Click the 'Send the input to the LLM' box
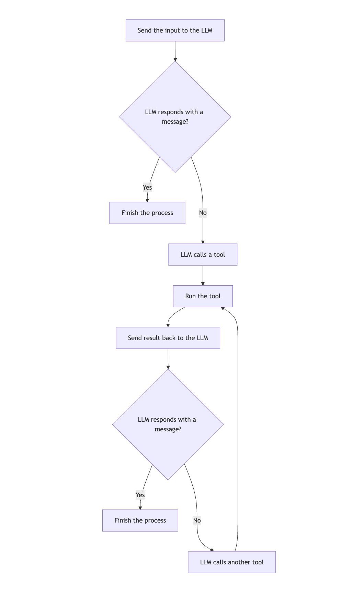(x=175, y=31)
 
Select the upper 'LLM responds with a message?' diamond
(x=175, y=117)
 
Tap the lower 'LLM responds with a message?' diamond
(x=168, y=424)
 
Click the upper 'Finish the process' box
(x=147, y=213)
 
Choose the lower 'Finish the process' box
(x=140, y=521)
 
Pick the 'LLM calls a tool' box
(x=203, y=255)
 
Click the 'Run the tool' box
(x=203, y=296)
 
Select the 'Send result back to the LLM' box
(x=168, y=338)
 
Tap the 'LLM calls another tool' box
(x=232, y=562)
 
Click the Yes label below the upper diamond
(x=147, y=187)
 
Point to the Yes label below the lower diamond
(x=140, y=495)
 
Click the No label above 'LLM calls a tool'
(x=203, y=213)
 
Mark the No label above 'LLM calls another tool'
(x=197, y=521)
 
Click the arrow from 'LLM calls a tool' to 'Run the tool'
(x=203, y=275)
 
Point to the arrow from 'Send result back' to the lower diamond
(x=168, y=358)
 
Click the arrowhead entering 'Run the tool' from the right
(x=223, y=308)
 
